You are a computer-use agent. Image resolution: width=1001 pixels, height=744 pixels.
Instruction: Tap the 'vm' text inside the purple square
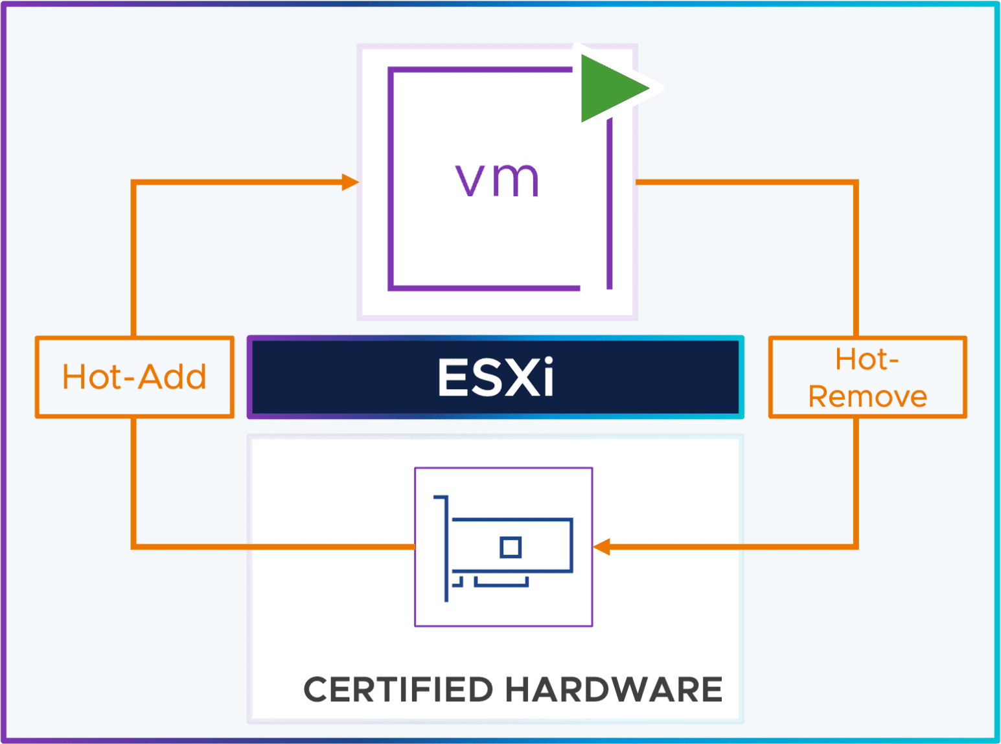497,179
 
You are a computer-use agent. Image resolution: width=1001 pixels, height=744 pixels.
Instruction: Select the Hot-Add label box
134,377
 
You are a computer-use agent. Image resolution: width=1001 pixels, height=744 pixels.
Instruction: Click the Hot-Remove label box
868,377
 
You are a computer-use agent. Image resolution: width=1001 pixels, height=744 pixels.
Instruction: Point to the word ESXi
496,377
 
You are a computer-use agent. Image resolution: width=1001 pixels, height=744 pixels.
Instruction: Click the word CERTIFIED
398,690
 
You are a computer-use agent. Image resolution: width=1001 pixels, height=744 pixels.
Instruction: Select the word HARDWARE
614,690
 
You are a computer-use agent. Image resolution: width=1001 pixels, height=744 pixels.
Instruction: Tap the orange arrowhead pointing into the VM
351,182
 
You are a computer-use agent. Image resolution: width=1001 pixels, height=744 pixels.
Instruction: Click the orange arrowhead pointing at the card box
602,547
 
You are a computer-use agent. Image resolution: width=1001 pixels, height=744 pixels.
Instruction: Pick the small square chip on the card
511,547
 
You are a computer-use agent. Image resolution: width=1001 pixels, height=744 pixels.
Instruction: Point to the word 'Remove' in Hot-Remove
868,396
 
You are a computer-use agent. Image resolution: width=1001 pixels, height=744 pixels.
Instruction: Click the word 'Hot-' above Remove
867,359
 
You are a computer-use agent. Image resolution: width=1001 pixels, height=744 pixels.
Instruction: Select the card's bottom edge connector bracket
501,583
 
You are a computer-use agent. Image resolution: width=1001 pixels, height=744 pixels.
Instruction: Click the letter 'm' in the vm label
516,180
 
